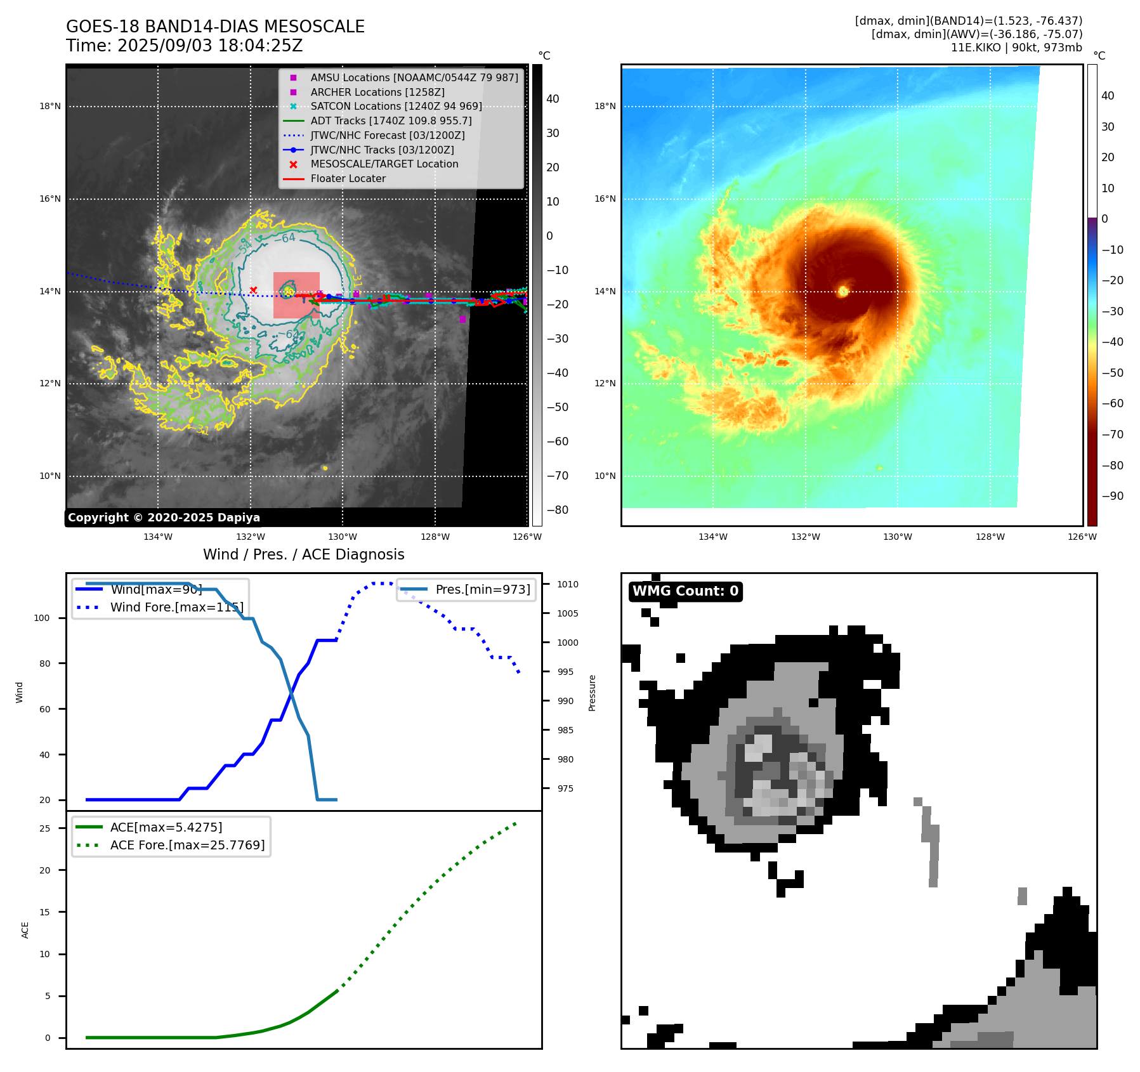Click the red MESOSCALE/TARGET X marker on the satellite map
point(253,290)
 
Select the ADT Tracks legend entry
point(391,121)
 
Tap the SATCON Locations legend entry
point(396,106)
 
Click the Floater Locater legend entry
point(348,178)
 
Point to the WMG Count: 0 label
point(685,591)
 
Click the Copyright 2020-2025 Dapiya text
point(164,518)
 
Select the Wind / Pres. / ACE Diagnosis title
point(303,554)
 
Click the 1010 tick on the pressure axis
point(568,584)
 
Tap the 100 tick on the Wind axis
point(42,618)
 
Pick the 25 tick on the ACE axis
point(44,828)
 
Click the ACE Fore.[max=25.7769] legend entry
point(187,845)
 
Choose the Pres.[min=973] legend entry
point(482,589)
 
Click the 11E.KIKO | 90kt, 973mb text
point(1016,48)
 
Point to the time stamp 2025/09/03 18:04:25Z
point(210,46)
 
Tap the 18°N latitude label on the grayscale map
point(50,107)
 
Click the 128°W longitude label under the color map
point(990,537)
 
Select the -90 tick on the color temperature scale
point(1112,496)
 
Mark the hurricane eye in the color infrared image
point(843,291)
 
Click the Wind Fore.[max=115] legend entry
point(176,607)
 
